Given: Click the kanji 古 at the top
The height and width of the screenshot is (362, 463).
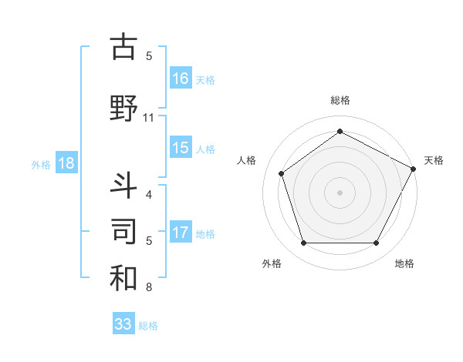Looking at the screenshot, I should click(x=123, y=47).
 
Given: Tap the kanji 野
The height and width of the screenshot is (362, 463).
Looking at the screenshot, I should click(x=123, y=108).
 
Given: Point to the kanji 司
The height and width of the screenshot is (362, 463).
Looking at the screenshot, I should click(x=123, y=230).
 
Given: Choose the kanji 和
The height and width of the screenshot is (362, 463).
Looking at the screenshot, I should click(x=123, y=277).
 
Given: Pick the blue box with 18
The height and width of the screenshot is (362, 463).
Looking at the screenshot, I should click(x=66, y=163).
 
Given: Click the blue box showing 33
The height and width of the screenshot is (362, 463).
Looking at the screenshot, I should click(x=123, y=324).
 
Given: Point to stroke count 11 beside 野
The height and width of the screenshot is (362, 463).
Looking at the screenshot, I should click(x=149, y=118).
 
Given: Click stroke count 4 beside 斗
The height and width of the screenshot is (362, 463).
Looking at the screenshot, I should click(x=149, y=194).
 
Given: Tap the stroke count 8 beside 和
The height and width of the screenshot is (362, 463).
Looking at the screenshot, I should click(x=149, y=288).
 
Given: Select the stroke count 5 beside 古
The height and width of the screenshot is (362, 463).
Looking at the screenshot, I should click(x=149, y=55).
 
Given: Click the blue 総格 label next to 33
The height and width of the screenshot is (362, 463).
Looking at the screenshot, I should click(x=148, y=326).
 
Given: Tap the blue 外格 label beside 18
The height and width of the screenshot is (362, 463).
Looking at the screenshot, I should click(x=41, y=164).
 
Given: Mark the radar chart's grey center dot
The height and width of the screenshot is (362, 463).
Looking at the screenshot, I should click(x=340, y=192).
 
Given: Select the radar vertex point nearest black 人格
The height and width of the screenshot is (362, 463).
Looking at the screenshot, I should click(x=282, y=173).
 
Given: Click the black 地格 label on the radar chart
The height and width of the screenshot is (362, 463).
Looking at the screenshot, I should click(x=404, y=264).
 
